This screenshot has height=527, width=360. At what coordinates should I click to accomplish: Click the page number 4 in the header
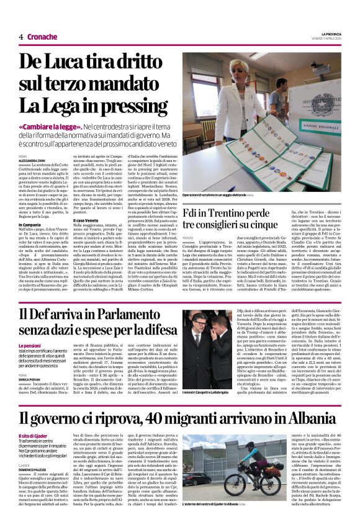click(20, 37)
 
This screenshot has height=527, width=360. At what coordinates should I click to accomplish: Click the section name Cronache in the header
click(42, 37)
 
